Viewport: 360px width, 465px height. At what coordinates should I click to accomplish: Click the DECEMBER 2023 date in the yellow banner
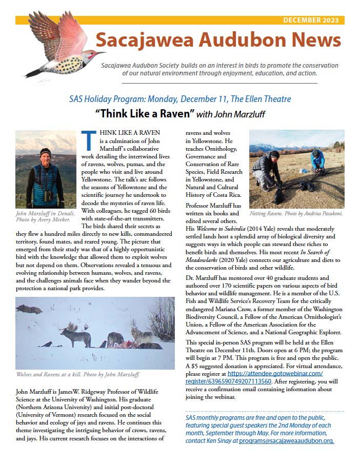(312, 21)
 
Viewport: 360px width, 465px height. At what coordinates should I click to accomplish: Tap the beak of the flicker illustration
(100, 52)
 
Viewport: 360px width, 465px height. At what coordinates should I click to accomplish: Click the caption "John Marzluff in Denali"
(43, 213)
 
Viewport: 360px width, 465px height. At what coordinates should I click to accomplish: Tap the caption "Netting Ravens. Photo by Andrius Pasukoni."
(297, 213)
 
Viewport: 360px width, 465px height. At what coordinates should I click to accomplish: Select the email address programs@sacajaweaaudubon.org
(286, 440)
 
